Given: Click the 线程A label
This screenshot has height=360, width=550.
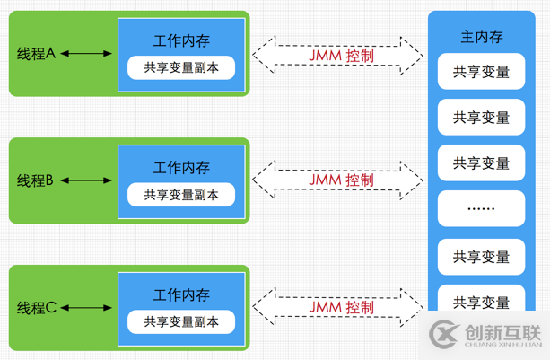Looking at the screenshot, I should [36, 54].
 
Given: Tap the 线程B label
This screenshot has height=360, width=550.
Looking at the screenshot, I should [36, 180].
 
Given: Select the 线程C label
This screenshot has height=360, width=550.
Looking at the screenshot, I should [36, 308].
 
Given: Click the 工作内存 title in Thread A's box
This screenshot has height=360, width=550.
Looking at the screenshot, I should [180, 40].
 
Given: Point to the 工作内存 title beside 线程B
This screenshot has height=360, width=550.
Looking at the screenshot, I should [180, 167].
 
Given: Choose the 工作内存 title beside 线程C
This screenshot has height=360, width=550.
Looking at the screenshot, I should [180, 294].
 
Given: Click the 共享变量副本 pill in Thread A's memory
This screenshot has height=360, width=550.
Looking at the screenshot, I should [180, 67].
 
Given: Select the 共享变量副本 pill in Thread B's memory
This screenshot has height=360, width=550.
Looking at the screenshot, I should [180, 195].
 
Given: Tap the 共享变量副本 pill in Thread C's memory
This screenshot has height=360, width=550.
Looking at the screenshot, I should [180, 321].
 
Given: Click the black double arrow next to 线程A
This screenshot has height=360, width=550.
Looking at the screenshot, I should [87, 54].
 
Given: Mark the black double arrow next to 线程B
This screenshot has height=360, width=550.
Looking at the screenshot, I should [87, 180].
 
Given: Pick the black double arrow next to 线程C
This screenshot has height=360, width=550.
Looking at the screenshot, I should [87, 308].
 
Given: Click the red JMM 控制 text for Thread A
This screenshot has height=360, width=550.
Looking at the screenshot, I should [340, 56].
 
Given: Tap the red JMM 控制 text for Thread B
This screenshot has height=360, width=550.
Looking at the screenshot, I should [340, 180].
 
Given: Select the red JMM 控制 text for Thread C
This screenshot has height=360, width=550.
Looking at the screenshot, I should [340, 308].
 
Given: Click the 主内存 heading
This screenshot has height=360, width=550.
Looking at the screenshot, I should [481, 38].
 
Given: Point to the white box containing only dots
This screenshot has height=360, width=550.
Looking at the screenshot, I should [481, 208].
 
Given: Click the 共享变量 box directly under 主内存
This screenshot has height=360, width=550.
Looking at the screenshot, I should [481, 72].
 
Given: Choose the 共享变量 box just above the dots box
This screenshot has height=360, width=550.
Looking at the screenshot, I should [481, 162].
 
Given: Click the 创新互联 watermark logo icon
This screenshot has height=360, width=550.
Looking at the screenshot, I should [444, 335].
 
